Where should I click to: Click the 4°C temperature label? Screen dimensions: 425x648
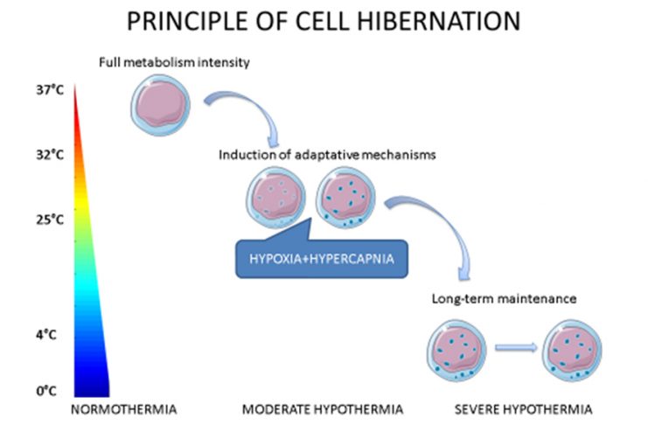[x=45, y=333]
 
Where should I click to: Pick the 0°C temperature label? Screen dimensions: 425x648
[x=45, y=390]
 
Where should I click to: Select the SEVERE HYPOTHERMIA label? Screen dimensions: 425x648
[x=524, y=408]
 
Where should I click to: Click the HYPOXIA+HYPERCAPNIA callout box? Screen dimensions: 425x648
[x=323, y=259]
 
